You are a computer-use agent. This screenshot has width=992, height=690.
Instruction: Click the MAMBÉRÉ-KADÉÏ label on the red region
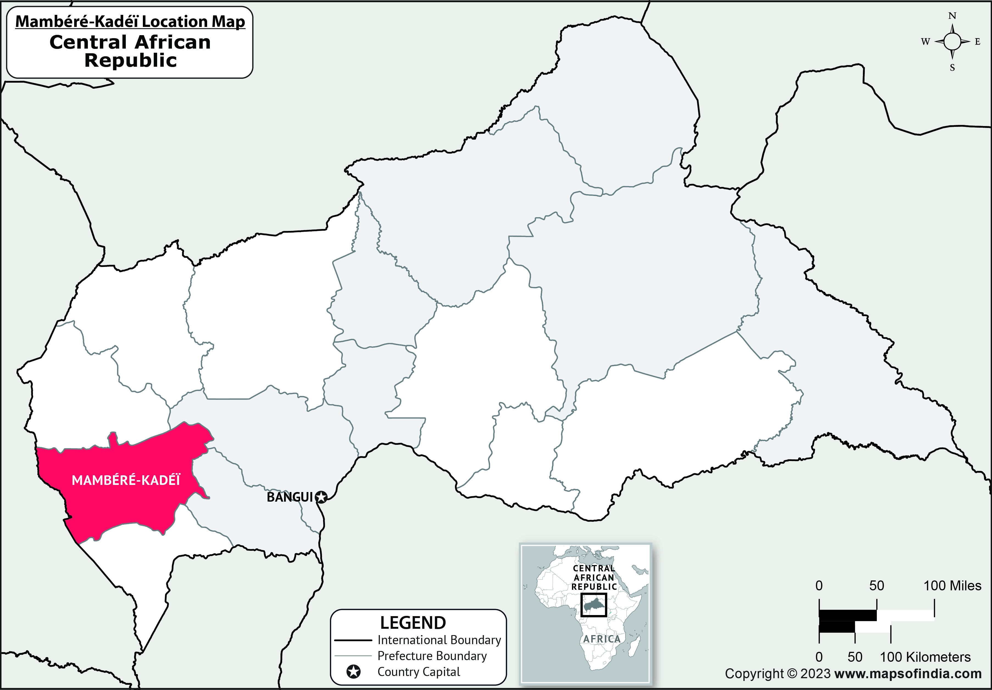click(x=126, y=480)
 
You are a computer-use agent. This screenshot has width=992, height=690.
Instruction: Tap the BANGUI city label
click(x=289, y=497)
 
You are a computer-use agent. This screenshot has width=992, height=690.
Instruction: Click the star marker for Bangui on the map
click(x=321, y=497)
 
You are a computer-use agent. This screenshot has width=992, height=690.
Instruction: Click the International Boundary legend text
click(x=439, y=640)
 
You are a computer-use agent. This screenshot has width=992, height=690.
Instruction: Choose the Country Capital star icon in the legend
click(x=353, y=672)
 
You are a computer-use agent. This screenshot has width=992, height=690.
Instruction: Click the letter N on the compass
click(x=952, y=16)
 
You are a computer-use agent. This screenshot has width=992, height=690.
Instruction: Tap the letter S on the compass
click(x=952, y=68)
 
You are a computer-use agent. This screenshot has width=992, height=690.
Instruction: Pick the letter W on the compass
click(x=925, y=42)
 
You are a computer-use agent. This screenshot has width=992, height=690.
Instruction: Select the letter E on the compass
click(x=977, y=42)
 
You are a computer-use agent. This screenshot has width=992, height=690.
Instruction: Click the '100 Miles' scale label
click(x=952, y=586)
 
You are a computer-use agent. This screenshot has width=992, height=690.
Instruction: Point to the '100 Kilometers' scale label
click(x=925, y=657)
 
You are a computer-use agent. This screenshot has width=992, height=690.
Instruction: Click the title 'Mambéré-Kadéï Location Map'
click(x=130, y=21)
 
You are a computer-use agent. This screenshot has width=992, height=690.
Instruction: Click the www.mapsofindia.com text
click(x=908, y=674)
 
